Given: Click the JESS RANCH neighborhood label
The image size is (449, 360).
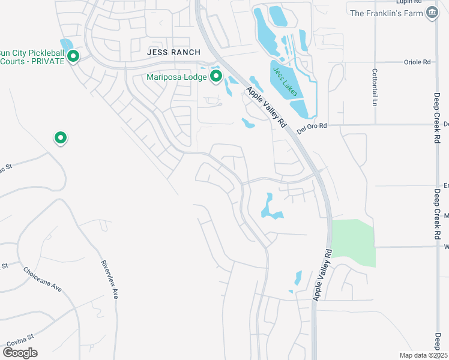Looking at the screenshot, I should [x=173, y=53].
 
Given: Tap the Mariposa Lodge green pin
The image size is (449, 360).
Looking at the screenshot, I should [x=216, y=77].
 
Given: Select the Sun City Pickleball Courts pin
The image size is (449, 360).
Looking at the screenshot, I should [x=73, y=56].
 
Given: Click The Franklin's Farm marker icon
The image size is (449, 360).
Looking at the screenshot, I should [x=431, y=13].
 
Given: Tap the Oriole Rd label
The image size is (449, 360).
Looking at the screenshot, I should [x=418, y=62].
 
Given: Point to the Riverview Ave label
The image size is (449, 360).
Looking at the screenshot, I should [x=109, y=280].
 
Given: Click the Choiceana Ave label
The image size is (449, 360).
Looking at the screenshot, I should [x=43, y=279].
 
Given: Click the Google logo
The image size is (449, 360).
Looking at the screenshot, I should [x=19, y=353].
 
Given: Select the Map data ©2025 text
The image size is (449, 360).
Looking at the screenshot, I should [x=423, y=355].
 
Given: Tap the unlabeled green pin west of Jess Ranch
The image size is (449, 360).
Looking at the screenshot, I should [x=60, y=138].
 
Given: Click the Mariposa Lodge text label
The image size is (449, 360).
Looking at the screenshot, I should [x=177, y=77].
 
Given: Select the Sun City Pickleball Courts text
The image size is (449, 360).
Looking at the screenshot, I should [x=31, y=57].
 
